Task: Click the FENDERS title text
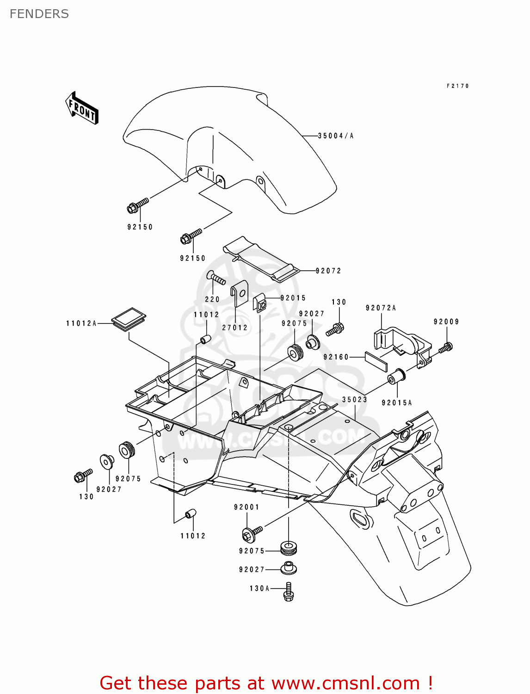39,14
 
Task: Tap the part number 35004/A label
336,136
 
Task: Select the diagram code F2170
457,86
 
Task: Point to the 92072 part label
328,271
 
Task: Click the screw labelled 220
216,279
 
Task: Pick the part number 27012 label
235,328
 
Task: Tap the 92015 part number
293,298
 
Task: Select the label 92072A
381,308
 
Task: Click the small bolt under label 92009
446,347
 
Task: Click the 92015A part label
396,403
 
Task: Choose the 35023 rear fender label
355,400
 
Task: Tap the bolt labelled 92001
252,533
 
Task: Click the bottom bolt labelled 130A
289,592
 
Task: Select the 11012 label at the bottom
193,536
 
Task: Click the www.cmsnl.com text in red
345,683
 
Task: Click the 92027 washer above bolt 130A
288,568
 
